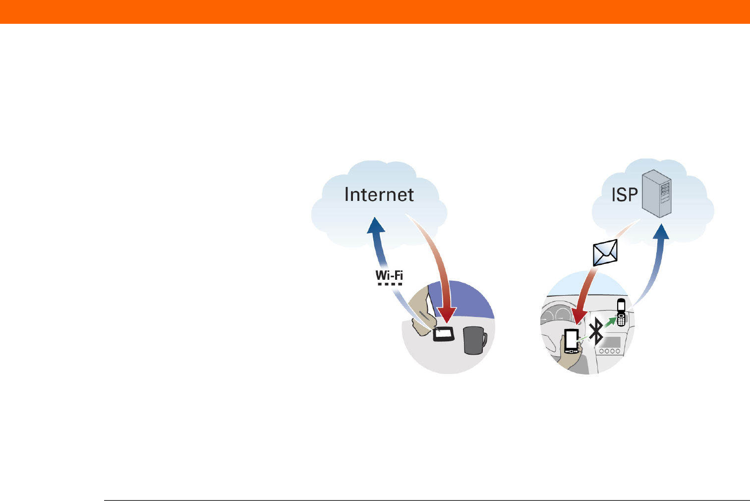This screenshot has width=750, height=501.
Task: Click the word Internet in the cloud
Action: click(379, 195)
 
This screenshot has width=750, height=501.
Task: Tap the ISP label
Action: click(625, 195)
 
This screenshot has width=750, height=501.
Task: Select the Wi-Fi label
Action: click(389, 275)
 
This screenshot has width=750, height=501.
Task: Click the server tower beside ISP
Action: click(657, 193)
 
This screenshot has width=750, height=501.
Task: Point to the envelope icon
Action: click(605, 252)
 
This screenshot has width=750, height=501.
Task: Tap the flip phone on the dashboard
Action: click(621, 312)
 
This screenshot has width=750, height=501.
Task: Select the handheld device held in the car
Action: click(571, 341)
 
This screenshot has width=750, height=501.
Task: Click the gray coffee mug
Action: click(475, 340)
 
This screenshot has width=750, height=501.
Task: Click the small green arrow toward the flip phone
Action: click(610, 322)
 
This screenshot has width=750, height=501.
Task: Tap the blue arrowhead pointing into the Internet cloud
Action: click(376, 225)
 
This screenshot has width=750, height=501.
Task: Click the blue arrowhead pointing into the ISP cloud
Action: click(661, 232)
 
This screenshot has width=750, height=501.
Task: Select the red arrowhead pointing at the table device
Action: click(447, 315)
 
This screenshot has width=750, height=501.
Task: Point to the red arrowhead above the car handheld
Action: click(579, 316)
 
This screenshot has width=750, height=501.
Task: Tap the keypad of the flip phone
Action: click(621, 320)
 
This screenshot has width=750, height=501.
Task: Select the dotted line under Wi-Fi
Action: click(390, 284)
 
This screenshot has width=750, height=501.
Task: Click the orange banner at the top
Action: click(375, 12)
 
